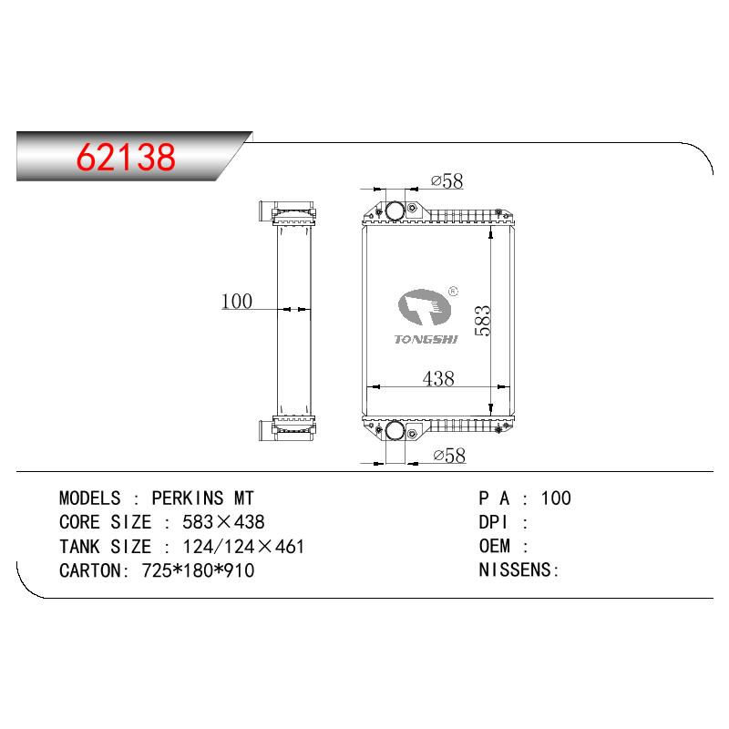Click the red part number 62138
pos(126,157)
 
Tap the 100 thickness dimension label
pos(237,301)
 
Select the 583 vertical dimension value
pos(483,321)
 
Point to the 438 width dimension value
pos(438,378)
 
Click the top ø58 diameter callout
pos(447,180)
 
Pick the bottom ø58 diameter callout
pos(449,455)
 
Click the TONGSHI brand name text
pos(426,339)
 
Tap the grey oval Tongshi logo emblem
pos(425,307)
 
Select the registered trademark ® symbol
pos(453,292)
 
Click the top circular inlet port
pos(395,211)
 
